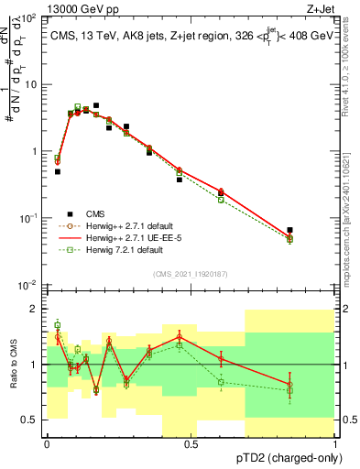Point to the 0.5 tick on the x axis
(191, 443)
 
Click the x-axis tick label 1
(335, 443)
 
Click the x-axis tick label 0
(47, 443)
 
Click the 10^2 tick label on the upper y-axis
(29, 18)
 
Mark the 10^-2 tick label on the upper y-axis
(29, 285)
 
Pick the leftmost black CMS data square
(58, 171)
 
